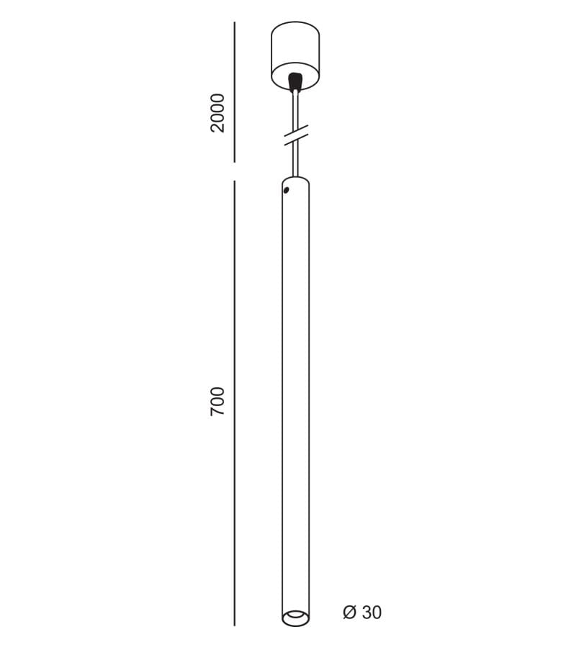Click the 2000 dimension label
click(x=217, y=113)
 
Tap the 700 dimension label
click(x=217, y=402)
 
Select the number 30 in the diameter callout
click(x=372, y=612)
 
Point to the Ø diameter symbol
click(x=349, y=612)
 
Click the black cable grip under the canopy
click(x=295, y=82)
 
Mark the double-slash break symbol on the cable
click(x=296, y=135)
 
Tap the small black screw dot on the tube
click(x=286, y=190)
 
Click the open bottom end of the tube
click(x=296, y=618)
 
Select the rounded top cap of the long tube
click(x=296, y=181)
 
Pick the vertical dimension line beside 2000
click(x=234, y=92)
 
